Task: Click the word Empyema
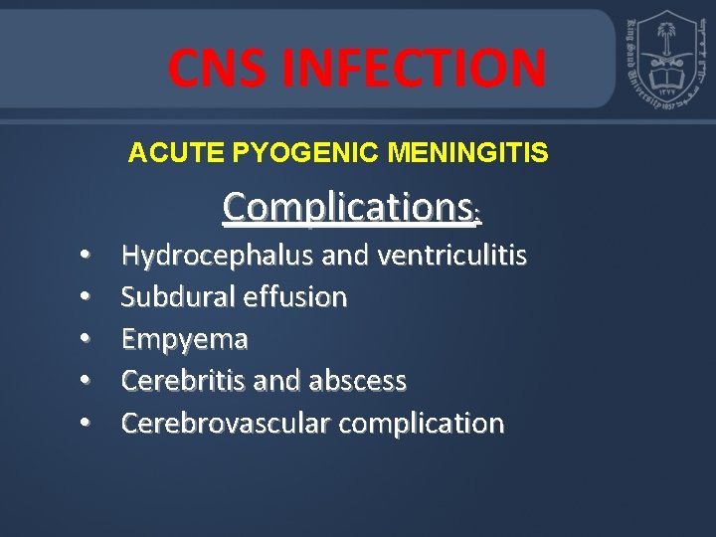click(184, 339)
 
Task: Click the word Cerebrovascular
click(225, 423)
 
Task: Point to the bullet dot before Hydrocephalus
click(87, 257)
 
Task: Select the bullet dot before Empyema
click(87, 340)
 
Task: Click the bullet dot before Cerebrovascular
click(87, 424)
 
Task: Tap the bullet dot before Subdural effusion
click(87, 297)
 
